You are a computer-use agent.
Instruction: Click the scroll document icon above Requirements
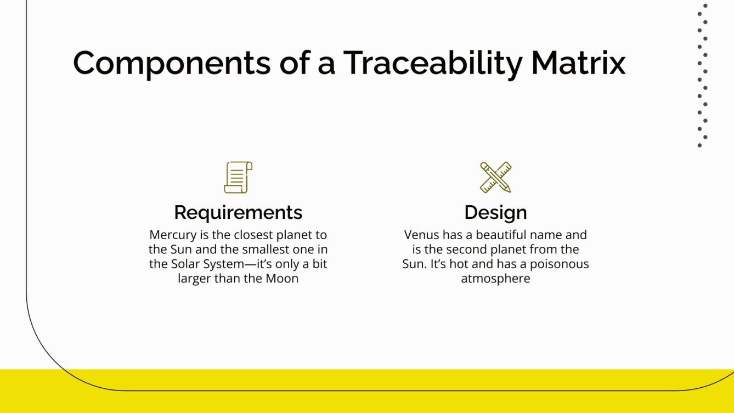(x=238, y=177)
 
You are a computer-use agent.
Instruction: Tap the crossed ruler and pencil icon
(x=495, y=177)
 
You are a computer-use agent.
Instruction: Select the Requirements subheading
(x=238, y=212)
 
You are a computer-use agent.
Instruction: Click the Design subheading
(x=495, y=212)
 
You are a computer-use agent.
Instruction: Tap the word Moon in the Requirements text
(x=281, y=279)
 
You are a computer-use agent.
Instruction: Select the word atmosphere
(x=495, y=279)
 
